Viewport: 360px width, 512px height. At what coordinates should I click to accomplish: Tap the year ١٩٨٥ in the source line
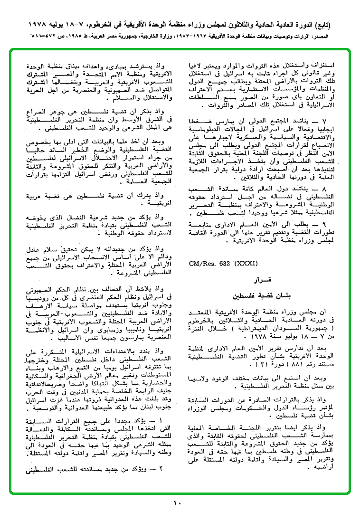click(x=85, y=36)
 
